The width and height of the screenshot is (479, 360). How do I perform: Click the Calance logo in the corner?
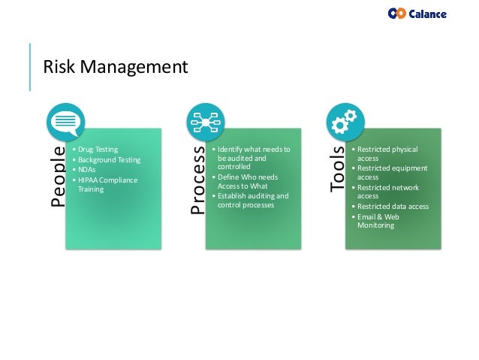click(417, 14)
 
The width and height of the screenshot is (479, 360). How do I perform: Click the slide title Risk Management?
click(114, 68)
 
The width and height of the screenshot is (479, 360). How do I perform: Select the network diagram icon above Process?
click(205, 122)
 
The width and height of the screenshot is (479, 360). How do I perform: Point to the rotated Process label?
click(197, 180)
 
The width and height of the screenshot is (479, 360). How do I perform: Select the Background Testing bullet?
click(108, 160)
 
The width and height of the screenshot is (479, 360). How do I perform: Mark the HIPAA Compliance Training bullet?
click(105, 184)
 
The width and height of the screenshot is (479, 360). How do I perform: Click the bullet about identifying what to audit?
click(251, 159)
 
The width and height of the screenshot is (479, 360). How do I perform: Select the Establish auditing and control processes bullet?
click(251, 201)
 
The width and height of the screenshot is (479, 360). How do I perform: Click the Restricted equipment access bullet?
click(391, 173)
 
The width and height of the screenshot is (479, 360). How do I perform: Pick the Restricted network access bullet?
click(387, 192)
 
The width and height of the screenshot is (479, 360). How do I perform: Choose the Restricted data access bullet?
click(392, 207)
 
